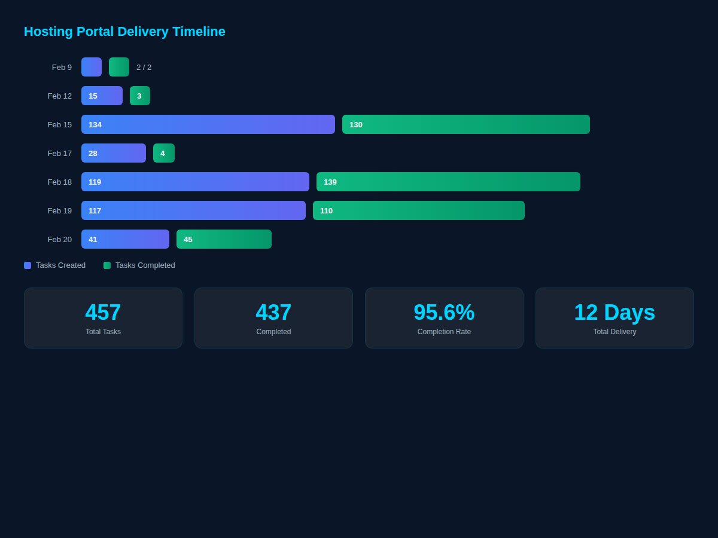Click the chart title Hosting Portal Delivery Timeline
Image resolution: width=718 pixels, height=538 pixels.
point(124,32)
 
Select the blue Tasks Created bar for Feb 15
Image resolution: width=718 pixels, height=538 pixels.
point(208,124)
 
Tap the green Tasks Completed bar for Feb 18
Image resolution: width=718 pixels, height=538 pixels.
point(448,182)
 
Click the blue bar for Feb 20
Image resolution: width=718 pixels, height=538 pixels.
point(125,239)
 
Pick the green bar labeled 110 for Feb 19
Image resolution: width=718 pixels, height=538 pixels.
point(418,210)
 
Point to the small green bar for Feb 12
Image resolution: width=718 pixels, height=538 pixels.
point(139,96)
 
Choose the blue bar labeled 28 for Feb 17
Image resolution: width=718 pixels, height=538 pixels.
point(113,153)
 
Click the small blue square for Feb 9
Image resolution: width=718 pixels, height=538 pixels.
point(92,67)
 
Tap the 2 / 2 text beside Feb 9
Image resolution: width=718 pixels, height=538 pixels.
point(144,68)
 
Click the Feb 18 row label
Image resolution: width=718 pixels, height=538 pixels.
point(59,182)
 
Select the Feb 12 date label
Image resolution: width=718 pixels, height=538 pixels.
point(59,96)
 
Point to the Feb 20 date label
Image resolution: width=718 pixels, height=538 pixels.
point(59,239)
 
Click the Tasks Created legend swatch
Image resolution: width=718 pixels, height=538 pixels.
point(28,265)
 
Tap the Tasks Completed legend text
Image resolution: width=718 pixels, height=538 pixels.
point(145,265)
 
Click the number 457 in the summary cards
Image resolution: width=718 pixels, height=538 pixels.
point(103,313)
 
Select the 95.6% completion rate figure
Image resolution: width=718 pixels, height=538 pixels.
point(444,313)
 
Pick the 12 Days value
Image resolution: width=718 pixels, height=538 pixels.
point(614,313)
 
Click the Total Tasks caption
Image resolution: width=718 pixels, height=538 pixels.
point(103,332)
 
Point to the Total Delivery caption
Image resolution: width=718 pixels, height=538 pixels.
point(614,332)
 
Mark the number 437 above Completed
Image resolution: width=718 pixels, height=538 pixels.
point(273,313)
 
